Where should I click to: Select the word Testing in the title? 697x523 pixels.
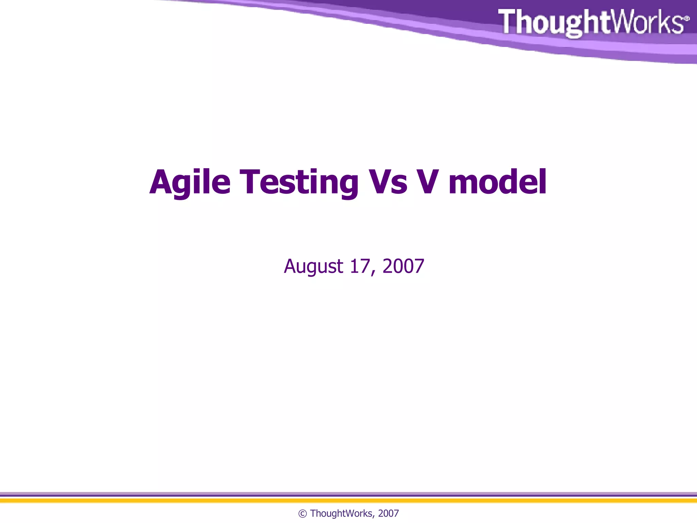tap(299, 183)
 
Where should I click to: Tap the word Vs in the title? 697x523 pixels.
tap(388, 183)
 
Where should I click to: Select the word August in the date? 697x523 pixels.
tap(313, 266)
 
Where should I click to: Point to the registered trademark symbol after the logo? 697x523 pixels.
tap(686, 18)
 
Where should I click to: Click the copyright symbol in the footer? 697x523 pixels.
tap(302, 514)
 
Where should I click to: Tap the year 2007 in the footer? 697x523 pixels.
tap(388, 513)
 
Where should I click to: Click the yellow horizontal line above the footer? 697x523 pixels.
tap(348, 501)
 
